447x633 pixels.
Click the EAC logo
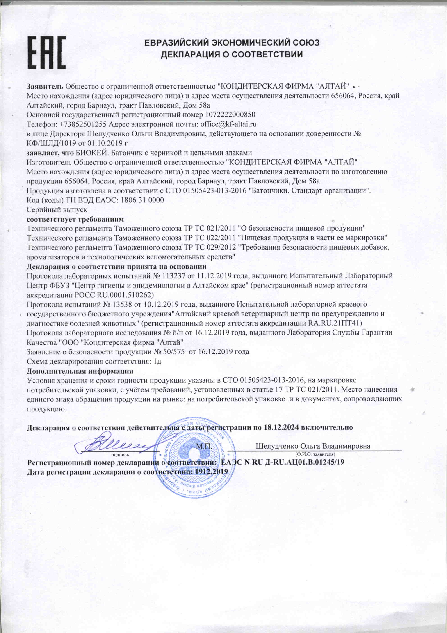[47, 52]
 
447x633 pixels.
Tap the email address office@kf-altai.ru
[228, 124]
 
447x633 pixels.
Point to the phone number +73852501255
[83, 124]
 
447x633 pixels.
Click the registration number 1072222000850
[230, 115]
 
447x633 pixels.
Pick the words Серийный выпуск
[57, 209]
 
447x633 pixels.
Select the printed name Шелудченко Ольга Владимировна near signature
[313, 446]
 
